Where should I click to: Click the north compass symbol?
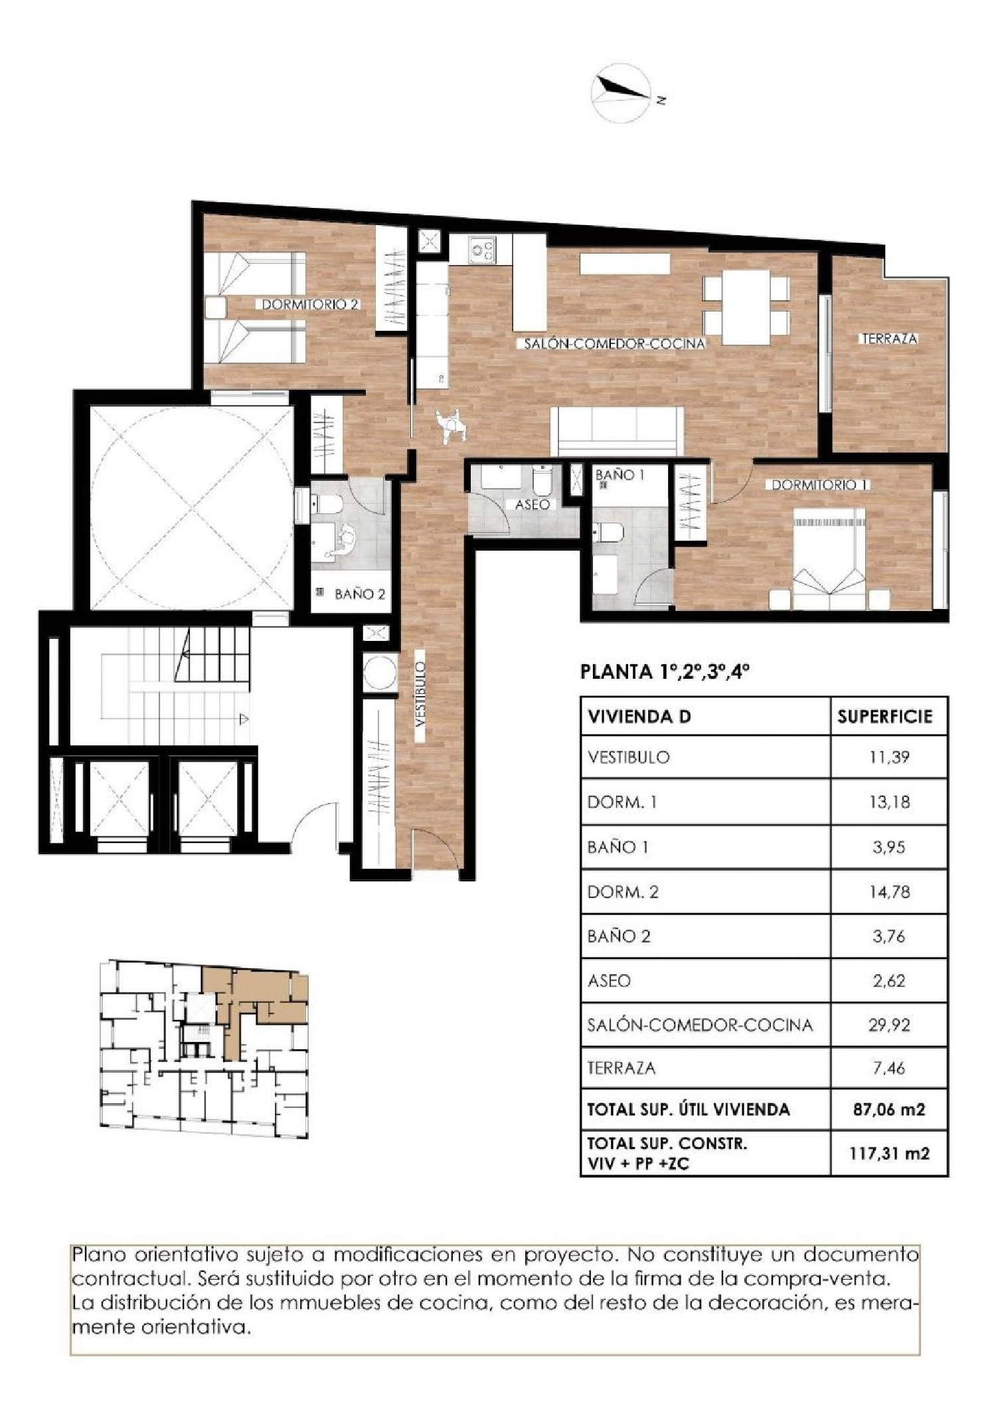pos(622,93)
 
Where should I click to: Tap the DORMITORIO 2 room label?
pos(310,305)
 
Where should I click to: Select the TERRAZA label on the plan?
pos(889,339)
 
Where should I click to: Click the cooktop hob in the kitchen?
pos(482,250)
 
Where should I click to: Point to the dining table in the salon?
pos(746,306)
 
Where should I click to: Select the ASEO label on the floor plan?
pos(532,505)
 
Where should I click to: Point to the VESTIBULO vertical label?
pos(420,702)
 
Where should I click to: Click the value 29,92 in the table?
pos(888,1025)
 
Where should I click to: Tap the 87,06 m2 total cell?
pos(888,1109)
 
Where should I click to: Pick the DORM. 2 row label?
pos(623,891)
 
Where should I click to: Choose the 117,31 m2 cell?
pos(888,1153)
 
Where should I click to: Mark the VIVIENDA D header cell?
pos(639,717)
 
